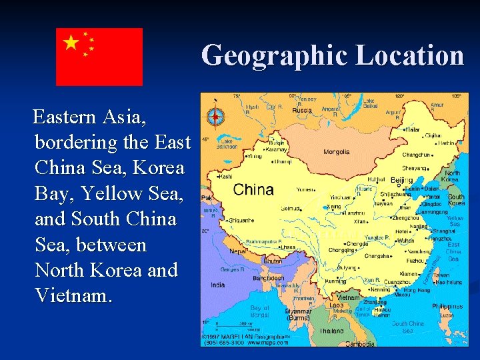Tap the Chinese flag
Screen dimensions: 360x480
[99, 57]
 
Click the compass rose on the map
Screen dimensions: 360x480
[215, 117]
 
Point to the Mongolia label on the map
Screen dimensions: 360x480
[337, 152]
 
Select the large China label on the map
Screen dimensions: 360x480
[253, 189]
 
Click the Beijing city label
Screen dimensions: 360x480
[401, 180]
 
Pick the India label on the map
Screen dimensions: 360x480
[218, 285]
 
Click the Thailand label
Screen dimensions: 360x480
[331, 331]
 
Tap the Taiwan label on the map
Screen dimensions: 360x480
[441, 274]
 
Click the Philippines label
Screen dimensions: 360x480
[447, 307]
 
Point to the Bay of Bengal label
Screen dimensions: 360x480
[260, 311]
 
